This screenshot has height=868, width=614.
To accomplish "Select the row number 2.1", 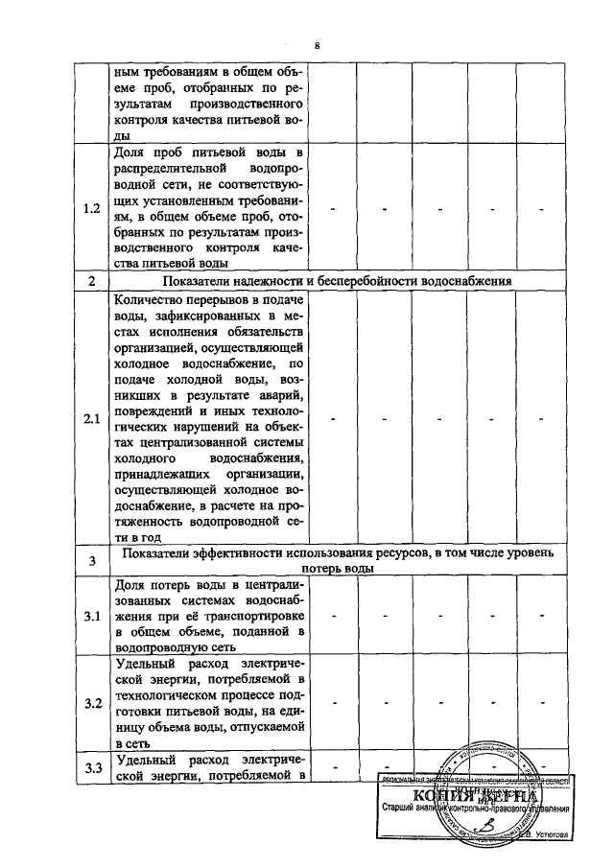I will coord(92,419).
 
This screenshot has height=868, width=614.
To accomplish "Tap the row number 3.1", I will coord(92,615).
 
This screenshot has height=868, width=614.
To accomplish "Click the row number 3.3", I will coord(93,766).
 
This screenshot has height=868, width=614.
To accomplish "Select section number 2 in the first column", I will coord(92,282).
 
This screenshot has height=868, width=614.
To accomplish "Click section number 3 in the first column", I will coord(92,560).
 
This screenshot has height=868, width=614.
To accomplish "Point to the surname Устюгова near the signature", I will coord(546,833).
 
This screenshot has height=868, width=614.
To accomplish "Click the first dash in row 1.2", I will coord(333,209).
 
